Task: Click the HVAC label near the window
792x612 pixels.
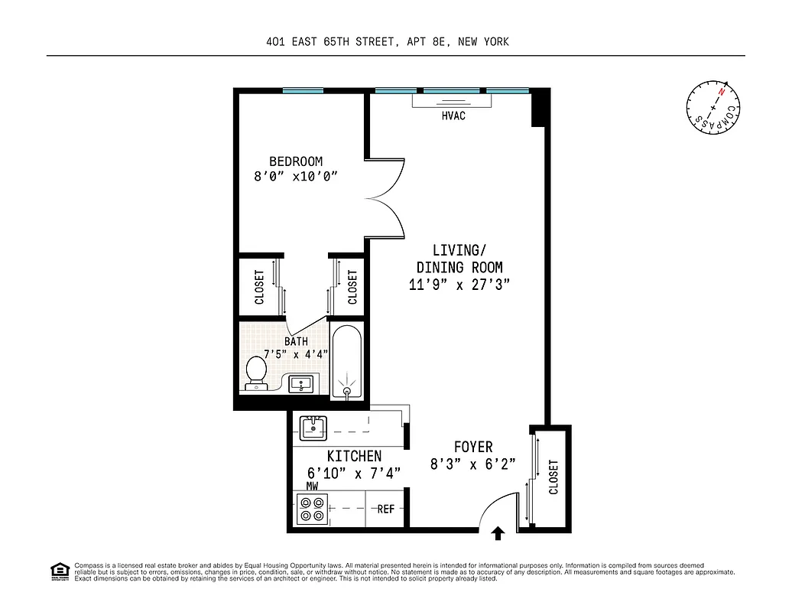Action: coord(453,116)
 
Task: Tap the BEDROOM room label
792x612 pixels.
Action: coord(296,161)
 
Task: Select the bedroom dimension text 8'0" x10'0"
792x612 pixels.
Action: coord(296,177)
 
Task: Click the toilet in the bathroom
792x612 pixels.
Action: coord(256,373)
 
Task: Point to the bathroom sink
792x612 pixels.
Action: coord(300,384)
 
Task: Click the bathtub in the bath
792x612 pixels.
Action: coord(348,360)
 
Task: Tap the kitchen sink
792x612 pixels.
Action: coord(312,428)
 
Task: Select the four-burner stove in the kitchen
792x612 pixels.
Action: coord(312,509)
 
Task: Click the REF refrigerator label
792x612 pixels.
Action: coord(386,509)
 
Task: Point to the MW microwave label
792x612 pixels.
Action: coord(312,486)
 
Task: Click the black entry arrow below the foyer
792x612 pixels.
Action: coord(498,533)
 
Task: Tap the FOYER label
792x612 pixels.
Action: coord(473,447)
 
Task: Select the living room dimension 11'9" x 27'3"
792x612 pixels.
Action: coord(459,284)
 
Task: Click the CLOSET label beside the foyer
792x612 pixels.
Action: coord(553,477)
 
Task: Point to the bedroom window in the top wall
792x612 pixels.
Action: coord(303,91)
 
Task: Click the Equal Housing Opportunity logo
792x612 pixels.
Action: coord(59,571)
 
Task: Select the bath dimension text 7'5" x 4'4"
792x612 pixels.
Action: coord(296,354)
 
